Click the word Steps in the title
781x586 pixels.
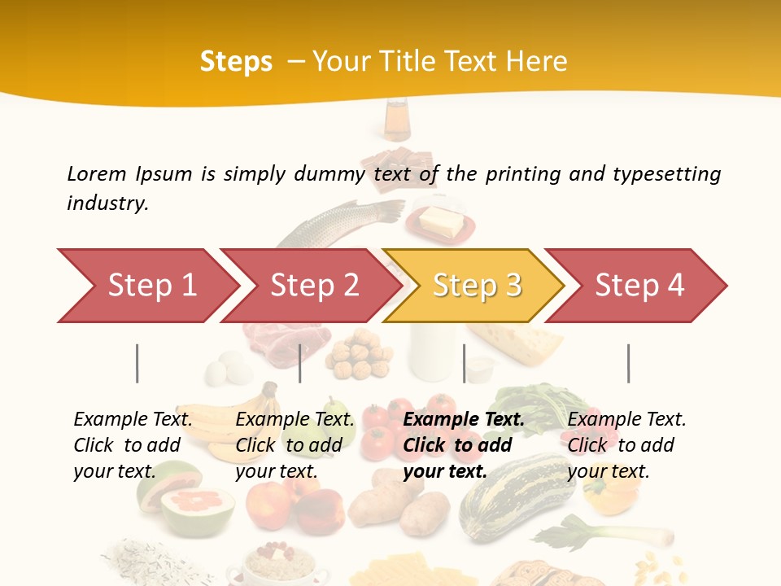coord(236,62)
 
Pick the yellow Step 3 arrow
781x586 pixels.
coord(477,286)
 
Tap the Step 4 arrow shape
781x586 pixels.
coord(639,286)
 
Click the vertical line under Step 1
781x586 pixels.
coord(137,363)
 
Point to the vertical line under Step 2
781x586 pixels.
coord(300,363)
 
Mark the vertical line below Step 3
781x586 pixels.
coord(465,363)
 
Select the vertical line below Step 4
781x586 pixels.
coord(628,363)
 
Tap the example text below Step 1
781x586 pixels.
coord(133,445)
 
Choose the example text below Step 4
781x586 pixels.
coord(626,445)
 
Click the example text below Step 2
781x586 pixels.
coord(295,445)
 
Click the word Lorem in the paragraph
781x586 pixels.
coord(97,174)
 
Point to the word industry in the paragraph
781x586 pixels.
coord(107,203)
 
